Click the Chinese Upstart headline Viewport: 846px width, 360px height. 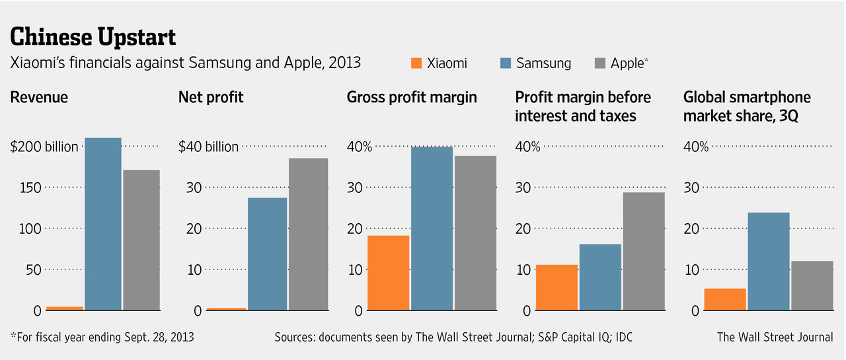click(x=93, y=36)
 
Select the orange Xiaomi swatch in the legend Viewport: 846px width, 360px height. click(x=416, y=63)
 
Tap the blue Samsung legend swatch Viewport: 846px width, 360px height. click(x=505, y=63)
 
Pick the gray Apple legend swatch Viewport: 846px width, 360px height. click(x=599, y=63)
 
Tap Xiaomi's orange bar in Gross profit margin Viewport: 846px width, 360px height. click(x=388, y=273)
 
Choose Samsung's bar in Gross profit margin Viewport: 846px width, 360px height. click(x=432, y=229)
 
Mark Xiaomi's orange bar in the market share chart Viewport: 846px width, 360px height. click(x=725, y=299)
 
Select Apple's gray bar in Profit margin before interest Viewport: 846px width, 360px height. click(x=644, y=251)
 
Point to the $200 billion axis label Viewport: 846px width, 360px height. click(x=44, y=147)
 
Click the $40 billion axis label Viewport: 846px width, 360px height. click(x=208, y=147)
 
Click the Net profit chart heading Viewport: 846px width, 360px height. click(x=211, y=98)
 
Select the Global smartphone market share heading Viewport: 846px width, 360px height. click(x=747, y=106)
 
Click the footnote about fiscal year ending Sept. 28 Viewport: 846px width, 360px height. click(x=102, y=338)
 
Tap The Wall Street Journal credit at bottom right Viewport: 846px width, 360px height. click(x=775, y=338)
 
